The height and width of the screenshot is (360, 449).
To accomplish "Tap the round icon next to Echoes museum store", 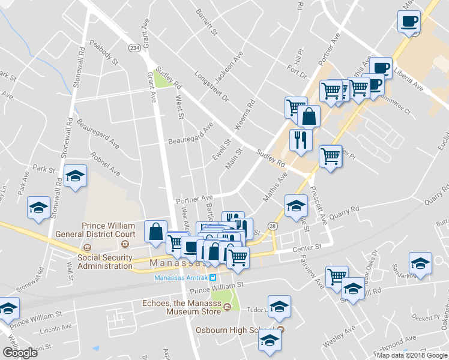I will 227,308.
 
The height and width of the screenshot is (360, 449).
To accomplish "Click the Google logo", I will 20,352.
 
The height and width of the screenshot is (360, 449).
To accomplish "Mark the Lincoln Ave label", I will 56,331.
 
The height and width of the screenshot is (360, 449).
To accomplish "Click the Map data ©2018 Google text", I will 411,355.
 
